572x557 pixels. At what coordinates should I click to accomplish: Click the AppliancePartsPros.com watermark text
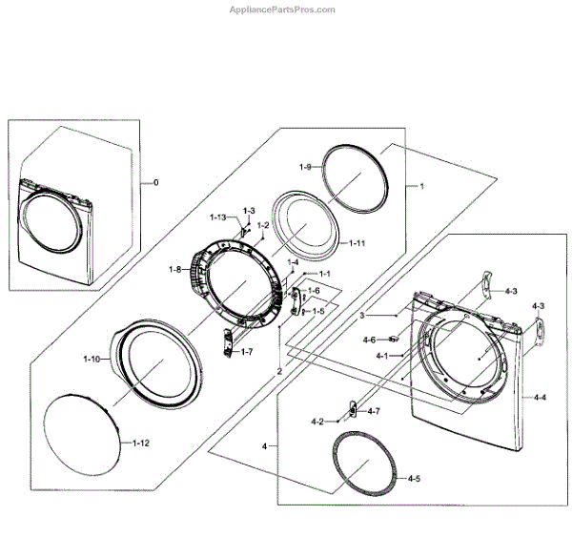pos(282,10)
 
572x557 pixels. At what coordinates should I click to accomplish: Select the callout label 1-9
pos(305,168)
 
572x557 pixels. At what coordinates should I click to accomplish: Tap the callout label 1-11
pos(357,243)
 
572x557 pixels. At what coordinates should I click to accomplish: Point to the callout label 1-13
pos(217,217)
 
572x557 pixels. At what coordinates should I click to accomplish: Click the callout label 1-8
pos(174,270)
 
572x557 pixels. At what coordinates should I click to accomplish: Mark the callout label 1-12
pos(140,444)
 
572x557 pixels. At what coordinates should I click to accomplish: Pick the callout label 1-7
pos(246,352)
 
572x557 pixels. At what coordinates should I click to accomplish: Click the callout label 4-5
pos(414,478)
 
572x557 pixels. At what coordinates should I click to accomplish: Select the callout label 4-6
pos(369,340)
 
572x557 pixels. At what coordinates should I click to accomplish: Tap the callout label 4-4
pos(540,397)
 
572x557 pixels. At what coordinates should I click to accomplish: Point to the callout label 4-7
pos(374,411)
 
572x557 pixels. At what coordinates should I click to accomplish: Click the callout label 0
pos(156,182)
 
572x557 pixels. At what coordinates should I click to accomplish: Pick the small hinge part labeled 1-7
pos(229,340)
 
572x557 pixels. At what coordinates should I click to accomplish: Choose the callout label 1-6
pos(313,291)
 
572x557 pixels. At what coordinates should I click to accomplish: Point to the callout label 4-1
pos(381,356)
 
